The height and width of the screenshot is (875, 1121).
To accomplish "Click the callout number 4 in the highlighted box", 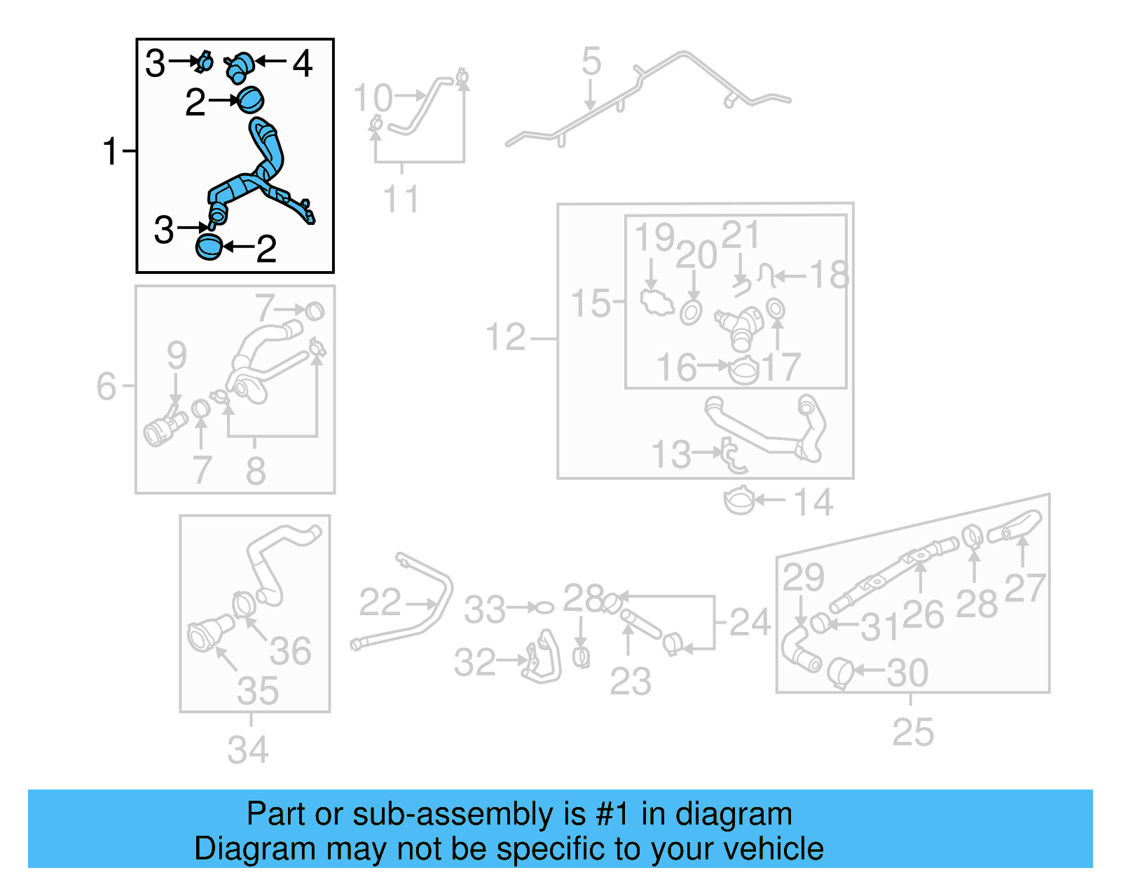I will pos(302,64).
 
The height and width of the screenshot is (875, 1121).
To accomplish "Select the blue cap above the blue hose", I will pos(250,99).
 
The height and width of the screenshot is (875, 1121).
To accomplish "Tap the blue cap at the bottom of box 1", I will pos(209,247).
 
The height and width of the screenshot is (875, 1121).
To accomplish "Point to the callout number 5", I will pos(591,62).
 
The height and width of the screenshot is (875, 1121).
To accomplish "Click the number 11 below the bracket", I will pos(401,199).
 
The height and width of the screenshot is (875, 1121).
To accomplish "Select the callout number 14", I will pos(813,502).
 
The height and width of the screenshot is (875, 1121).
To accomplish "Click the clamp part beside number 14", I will pos(738,501).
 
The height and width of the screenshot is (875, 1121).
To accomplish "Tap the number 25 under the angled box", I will pos(912,733).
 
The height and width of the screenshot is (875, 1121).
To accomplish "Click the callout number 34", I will pos(248,750).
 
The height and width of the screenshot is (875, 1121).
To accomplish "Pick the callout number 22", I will pos(380,602).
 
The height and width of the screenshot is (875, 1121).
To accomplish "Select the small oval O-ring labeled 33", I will pos(544,607).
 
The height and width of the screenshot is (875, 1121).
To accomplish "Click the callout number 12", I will pos(505,338).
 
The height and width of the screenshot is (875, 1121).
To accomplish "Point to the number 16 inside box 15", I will pos(676,368).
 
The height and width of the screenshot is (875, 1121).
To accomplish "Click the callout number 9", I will pos(177,354).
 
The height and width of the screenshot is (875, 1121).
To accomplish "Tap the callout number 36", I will pos(290,651).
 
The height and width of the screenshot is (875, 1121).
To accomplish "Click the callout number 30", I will pos(907,673).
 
